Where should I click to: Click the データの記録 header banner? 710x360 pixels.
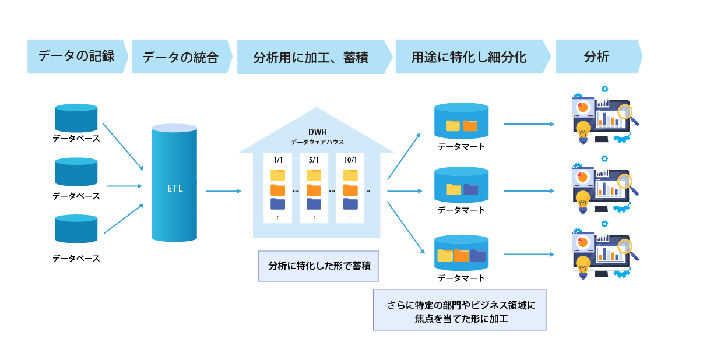[76, 57]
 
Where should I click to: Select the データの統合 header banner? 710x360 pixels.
[181, 57]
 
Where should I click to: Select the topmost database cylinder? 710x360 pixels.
[76, 118]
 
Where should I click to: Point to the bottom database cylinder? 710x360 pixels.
[76, 229]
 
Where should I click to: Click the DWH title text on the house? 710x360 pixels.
[318, 132]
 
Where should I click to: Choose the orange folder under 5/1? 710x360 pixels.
[314, 189]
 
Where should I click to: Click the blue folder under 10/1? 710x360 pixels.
[350, 203]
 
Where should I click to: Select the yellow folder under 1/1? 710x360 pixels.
[277, 175]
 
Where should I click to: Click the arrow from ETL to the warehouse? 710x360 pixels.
[223, 190]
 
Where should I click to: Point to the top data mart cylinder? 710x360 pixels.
[461, 120]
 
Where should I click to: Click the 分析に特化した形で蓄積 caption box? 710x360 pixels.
[318, 266]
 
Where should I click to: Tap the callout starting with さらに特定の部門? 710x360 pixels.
[460, 310]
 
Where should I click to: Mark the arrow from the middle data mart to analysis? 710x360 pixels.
[528, 190]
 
